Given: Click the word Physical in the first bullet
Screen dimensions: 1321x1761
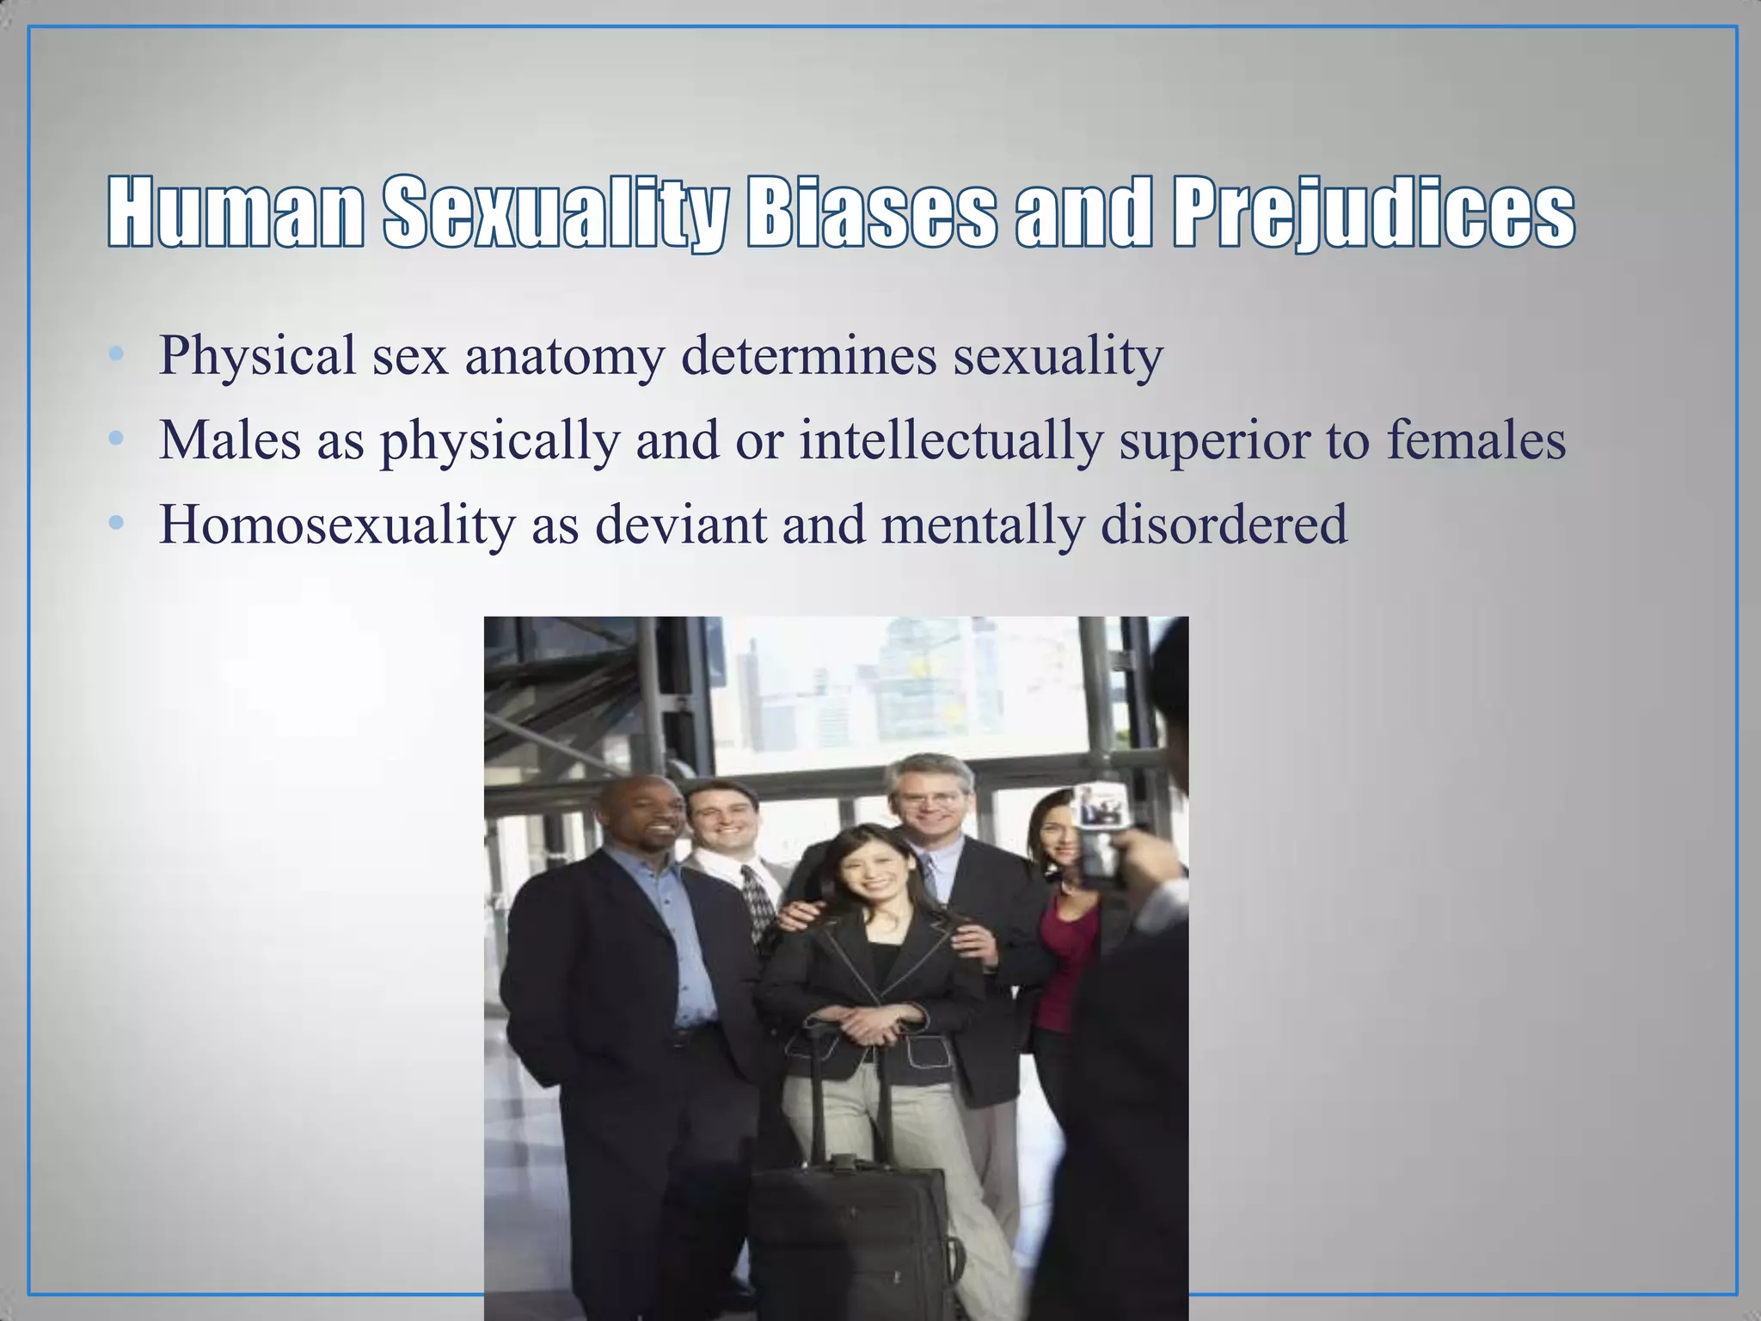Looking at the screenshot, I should pyautogui.click(x=257, y=355).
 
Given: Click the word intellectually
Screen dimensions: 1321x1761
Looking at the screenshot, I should pyautogui.click(x=950, y=439).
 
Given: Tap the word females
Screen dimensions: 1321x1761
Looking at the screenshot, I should pyautogui.click(x=1476, y=439).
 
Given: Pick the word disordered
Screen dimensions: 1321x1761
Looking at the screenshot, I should pyautogui.click(x=1224, y=524).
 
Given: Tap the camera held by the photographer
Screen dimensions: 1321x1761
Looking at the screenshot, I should pyautogui.click(x=1099, y=830).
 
